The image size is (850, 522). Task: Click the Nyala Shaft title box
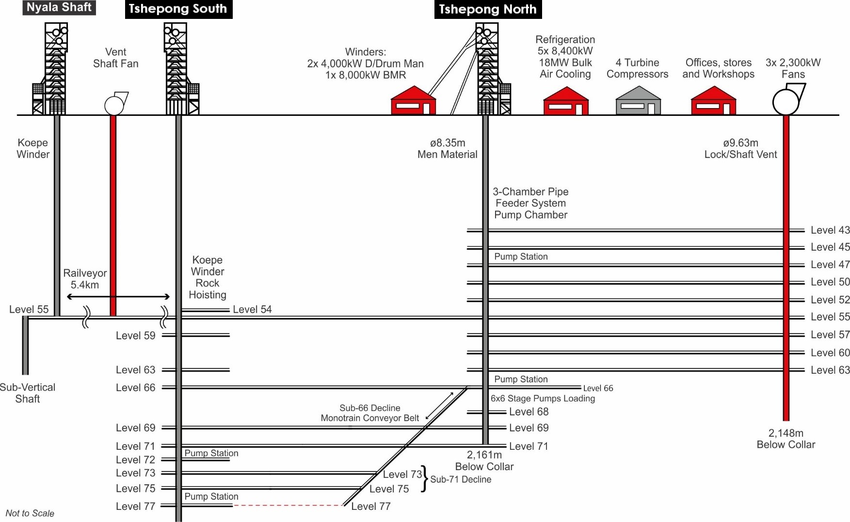pyautogui.click(x=59, y=7)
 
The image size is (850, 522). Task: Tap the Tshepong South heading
pyautogui.click(x=178, y=9)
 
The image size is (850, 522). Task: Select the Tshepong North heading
pyautogui.click(x=487, y=9)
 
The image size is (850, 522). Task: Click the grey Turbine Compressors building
pyautogui.click(x=638, y=101)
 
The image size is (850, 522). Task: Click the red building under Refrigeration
pyautogui.click(x=566, y=101)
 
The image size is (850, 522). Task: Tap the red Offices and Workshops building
pyautogui.click(x=713, y=101)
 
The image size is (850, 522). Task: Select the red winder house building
pyautogui.click(x=413, y=101)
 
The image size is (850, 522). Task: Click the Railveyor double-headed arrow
pyautogui.click(x=118, y=297)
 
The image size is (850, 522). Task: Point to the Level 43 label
pyautogui.click(x=830, y=230)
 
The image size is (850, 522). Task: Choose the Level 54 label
pyautogui.click(x=252, y=309)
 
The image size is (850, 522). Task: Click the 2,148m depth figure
pyautogui.click(x=786, y=433)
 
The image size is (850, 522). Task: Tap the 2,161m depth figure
pyautogui.click(x=484, y=455)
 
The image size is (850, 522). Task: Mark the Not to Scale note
pyautogui.click(x=30, y=513)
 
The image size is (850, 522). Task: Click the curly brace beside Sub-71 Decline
pyautogui.click(x=425, y=479)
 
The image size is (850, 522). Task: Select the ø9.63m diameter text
pyautogui.click(x=740, y=143)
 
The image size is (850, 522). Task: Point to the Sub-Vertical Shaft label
pyautogui.click(x=28, y=393)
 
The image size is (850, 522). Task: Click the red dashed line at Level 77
pyautogui.click(x=288, y=506)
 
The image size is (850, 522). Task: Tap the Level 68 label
pyautogui.click(x=529, y=412)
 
